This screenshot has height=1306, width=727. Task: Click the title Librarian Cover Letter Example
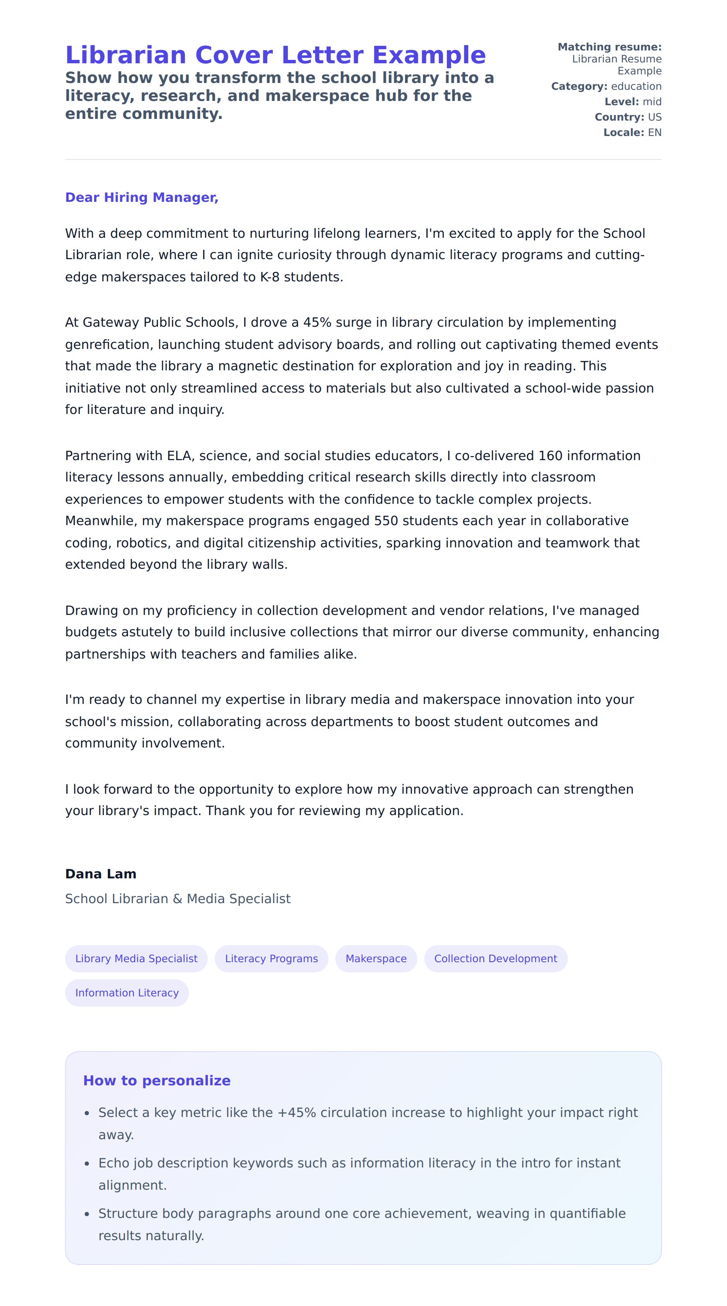coord(275,55)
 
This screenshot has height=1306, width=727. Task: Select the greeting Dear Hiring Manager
coord(142,197)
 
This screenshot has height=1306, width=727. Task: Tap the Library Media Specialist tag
coord(136,958)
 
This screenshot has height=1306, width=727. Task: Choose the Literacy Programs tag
coord(271,958)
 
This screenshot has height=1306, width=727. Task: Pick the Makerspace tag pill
coord(375,958)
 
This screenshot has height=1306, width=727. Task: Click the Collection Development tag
coord(495,958)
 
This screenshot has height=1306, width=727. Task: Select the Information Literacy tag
coord(127,993)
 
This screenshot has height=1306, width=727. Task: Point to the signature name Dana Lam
coord(100,874)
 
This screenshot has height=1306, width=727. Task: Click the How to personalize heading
coord(157,1080)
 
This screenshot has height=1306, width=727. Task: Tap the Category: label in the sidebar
coord(579,86)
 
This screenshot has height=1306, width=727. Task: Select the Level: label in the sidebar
coord(621,101)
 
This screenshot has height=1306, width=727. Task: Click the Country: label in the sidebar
coord(619,117)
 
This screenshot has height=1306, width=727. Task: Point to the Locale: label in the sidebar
coord(624,132)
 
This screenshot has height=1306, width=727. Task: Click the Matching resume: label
coord(609,47)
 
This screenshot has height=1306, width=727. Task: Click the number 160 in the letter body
coord(550,456)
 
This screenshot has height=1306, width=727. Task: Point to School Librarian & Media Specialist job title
coord(177,898)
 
